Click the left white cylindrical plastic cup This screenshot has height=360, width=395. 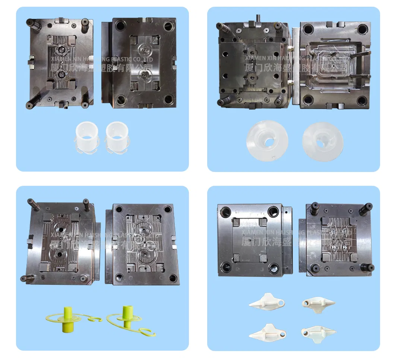pyautogui.click(x=86, y=137)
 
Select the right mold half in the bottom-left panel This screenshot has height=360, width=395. pyautogui.click(x=143, y=244)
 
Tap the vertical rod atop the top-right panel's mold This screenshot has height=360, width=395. pyautogui.click(x=257, y=18)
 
